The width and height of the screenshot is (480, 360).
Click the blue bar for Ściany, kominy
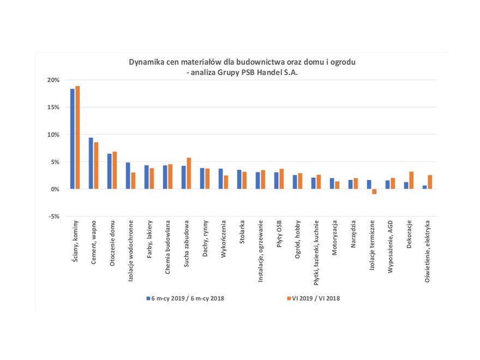(x=72, y=139)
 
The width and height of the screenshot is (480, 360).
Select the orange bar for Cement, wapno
(x=96, y=165)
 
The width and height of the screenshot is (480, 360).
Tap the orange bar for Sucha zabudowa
(x=189, y=173)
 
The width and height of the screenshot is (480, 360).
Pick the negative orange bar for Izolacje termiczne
(x=374, y=191)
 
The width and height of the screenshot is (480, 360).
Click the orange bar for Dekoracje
(x=411, y=180)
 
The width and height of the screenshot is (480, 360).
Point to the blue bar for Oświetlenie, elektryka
(x=424, y=187)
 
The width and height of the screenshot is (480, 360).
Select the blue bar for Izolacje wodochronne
(x=128, y=176)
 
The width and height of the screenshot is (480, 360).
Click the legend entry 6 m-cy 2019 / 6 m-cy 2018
(x=185, y=298)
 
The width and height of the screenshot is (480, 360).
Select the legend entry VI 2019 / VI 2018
(x=311, y=298)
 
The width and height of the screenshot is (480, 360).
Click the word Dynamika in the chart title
(x=145, y=62)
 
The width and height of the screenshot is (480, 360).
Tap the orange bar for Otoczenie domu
(x=115, y=170)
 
